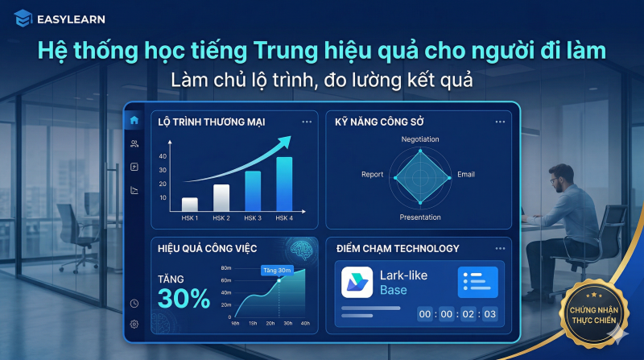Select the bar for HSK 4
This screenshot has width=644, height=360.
(284, 183)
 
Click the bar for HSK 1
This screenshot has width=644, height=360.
(190, 203)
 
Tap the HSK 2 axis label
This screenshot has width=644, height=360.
(221, 218)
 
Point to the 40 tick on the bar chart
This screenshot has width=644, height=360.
(163, 156)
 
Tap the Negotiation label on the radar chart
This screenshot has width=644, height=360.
(420, 139)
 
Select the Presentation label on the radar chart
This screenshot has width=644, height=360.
(420, 217)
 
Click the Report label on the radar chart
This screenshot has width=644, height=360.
(372, 175)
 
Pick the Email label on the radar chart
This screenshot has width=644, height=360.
(466, 175)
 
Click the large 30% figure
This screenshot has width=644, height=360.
(184, 298)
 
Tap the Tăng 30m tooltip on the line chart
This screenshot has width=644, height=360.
(277, 271)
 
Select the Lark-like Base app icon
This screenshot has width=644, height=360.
(357, 283)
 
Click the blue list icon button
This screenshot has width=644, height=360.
(477, 282)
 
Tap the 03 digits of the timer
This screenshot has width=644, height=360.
(489, 314)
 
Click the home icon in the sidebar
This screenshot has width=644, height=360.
(134, 120)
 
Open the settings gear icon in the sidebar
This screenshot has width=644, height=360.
(134, 324)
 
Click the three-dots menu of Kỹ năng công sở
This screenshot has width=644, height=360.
(500, 122)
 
